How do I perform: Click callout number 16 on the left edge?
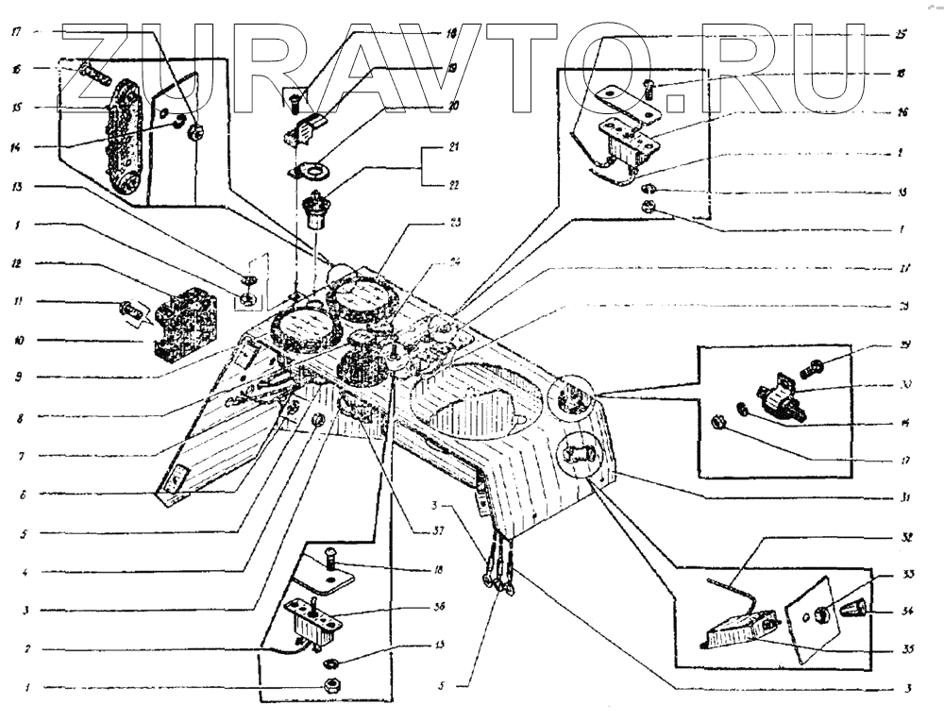[x=17, y=69]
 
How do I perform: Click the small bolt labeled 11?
[x=128, y=308]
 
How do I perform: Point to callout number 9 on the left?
[x=17, y=377]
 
